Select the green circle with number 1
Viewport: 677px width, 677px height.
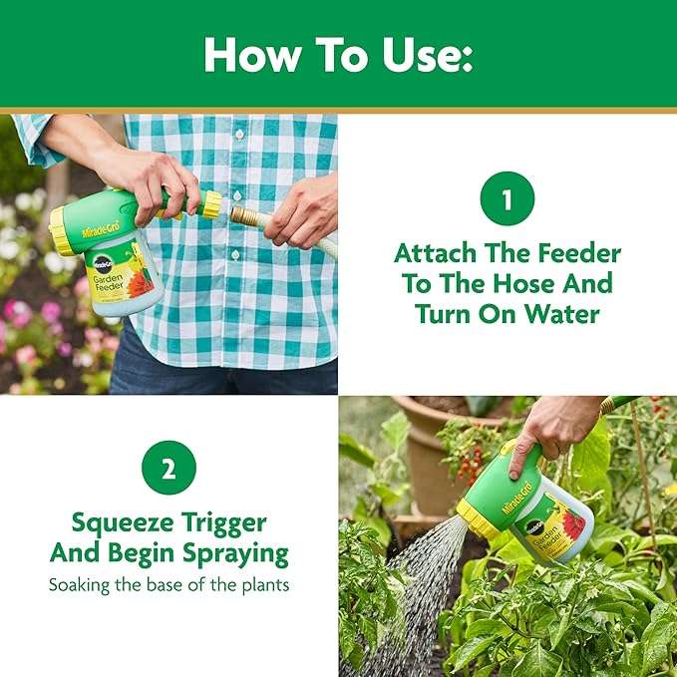pos(507,199)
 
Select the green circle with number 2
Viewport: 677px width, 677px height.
pos(169,469)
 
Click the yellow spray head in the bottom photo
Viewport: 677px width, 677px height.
pos(478,519)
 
